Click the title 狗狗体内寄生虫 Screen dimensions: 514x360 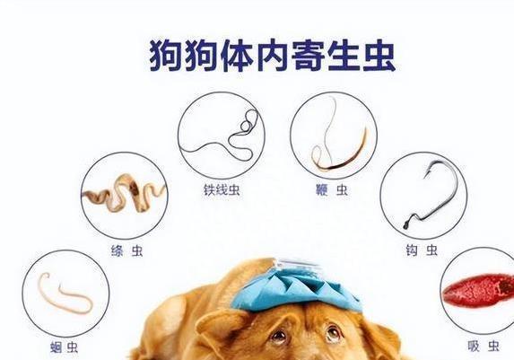coord(273,57)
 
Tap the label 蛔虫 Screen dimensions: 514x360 coord(65,347)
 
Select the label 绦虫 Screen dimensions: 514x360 coord(127,251)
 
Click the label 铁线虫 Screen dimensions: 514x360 coord(222,190)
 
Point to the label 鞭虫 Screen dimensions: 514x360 coord(331,190)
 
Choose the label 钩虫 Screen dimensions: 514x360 coord(422,250)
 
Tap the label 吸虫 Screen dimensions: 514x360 coord(484,346)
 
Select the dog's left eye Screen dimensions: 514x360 coord(333,332)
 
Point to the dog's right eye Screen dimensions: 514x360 coord(280,336)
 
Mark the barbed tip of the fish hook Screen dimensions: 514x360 coord(426,174)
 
